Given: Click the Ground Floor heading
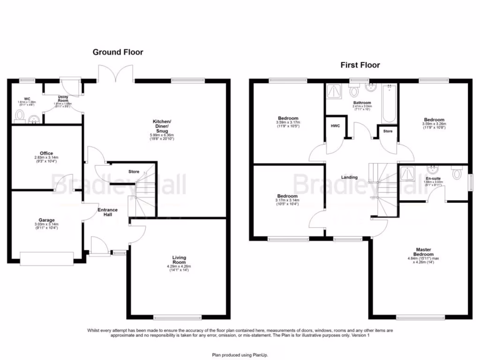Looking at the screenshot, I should click(x=118, y=52).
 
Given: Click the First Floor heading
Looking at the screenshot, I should click(x=360, y=65).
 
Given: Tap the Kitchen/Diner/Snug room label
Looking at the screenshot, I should click(x=162, y=126).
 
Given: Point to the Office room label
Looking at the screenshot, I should click(x=46, y=153).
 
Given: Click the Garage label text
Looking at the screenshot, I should click(x=46, y=220).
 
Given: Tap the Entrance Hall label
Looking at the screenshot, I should click(x=107, y=212).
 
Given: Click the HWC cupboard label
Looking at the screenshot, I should click(x=335, y=126).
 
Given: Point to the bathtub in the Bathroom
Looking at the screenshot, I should click(x=389, y=104).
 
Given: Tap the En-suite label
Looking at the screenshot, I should click(x=433, y=179).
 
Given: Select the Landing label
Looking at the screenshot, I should click(x=349, y=177).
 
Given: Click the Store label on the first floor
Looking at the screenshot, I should click(x=388, y=131).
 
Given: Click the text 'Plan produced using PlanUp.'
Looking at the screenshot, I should click(x=240, y=355).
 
